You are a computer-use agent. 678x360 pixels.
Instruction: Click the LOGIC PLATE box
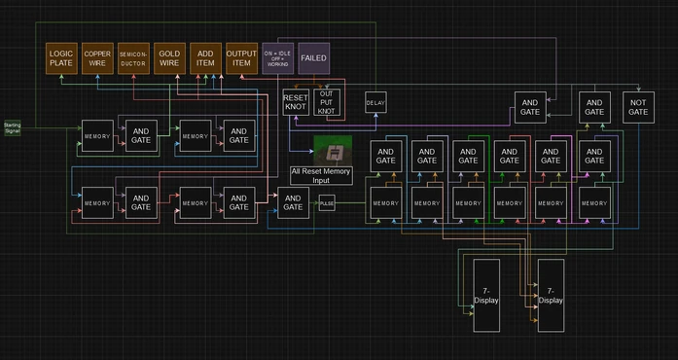point(60,58)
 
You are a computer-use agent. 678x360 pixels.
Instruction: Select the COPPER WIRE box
point(97,58)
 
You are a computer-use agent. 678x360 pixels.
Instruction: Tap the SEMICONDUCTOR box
point(133,58)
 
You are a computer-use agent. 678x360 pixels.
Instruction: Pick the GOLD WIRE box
point(169,58)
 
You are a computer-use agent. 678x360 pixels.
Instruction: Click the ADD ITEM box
point(205,58)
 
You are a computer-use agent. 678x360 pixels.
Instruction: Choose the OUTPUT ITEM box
point(241,58)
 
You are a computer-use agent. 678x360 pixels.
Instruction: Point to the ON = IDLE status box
point(278,58)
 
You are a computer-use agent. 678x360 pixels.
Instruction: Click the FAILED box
point(314,58)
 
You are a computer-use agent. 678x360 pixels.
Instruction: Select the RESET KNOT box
point(296,102)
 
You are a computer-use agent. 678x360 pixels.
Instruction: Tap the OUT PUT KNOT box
point(327,102)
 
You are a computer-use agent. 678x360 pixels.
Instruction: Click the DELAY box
point(376,102)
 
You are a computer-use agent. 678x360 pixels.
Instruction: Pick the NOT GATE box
point(637,107)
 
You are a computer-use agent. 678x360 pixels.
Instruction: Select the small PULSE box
point(327,202)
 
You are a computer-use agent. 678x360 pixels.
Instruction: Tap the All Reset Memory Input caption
point(321,176)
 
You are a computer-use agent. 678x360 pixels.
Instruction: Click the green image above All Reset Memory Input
point(332,151)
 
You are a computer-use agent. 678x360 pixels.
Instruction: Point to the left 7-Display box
point(486,295)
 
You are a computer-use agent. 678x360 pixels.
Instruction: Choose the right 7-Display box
point(551,295)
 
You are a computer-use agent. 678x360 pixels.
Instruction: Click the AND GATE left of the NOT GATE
point(594,107)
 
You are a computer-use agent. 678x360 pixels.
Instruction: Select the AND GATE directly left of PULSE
point(293,202)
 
